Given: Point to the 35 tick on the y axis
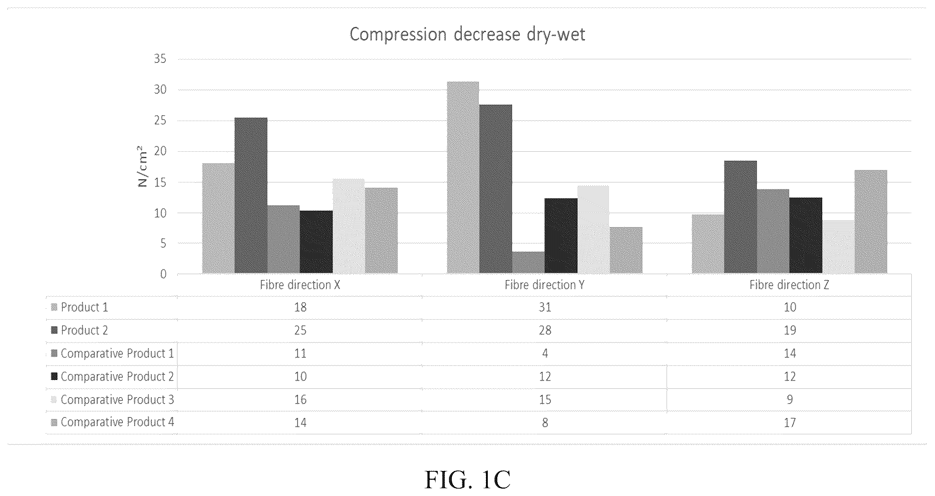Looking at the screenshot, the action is (x=160, y=59).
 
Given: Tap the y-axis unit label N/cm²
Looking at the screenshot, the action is (x=142, y=166).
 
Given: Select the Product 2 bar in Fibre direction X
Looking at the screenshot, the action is (x=251, y=195).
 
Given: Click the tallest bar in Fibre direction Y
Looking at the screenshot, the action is (x=463, y=177).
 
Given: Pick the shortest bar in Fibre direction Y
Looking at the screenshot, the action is (x=528, y=262).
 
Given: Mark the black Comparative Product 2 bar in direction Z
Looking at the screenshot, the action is (x=806, y=235).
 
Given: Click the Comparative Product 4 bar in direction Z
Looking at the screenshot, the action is (x=871, y=222).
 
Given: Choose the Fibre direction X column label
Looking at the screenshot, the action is (x=300, y=285).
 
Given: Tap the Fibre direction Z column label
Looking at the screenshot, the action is (x=789, y=285).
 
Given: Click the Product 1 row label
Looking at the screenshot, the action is (x=84, y=308).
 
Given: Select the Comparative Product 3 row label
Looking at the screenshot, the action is (x=117, y=400).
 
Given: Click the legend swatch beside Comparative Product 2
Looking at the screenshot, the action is (x=54, y=376).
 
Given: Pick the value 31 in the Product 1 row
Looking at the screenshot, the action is (x=545, y=308).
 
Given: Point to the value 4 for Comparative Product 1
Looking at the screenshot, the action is (x=545, y=353).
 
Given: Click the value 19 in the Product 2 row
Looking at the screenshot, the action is (x=790, y=331).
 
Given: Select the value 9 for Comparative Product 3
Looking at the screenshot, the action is (x=790, y=400).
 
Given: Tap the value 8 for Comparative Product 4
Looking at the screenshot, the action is (x=545, y=423).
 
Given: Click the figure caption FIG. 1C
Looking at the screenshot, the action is (x=468, y=480).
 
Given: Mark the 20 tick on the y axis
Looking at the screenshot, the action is (x=160, y=151).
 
